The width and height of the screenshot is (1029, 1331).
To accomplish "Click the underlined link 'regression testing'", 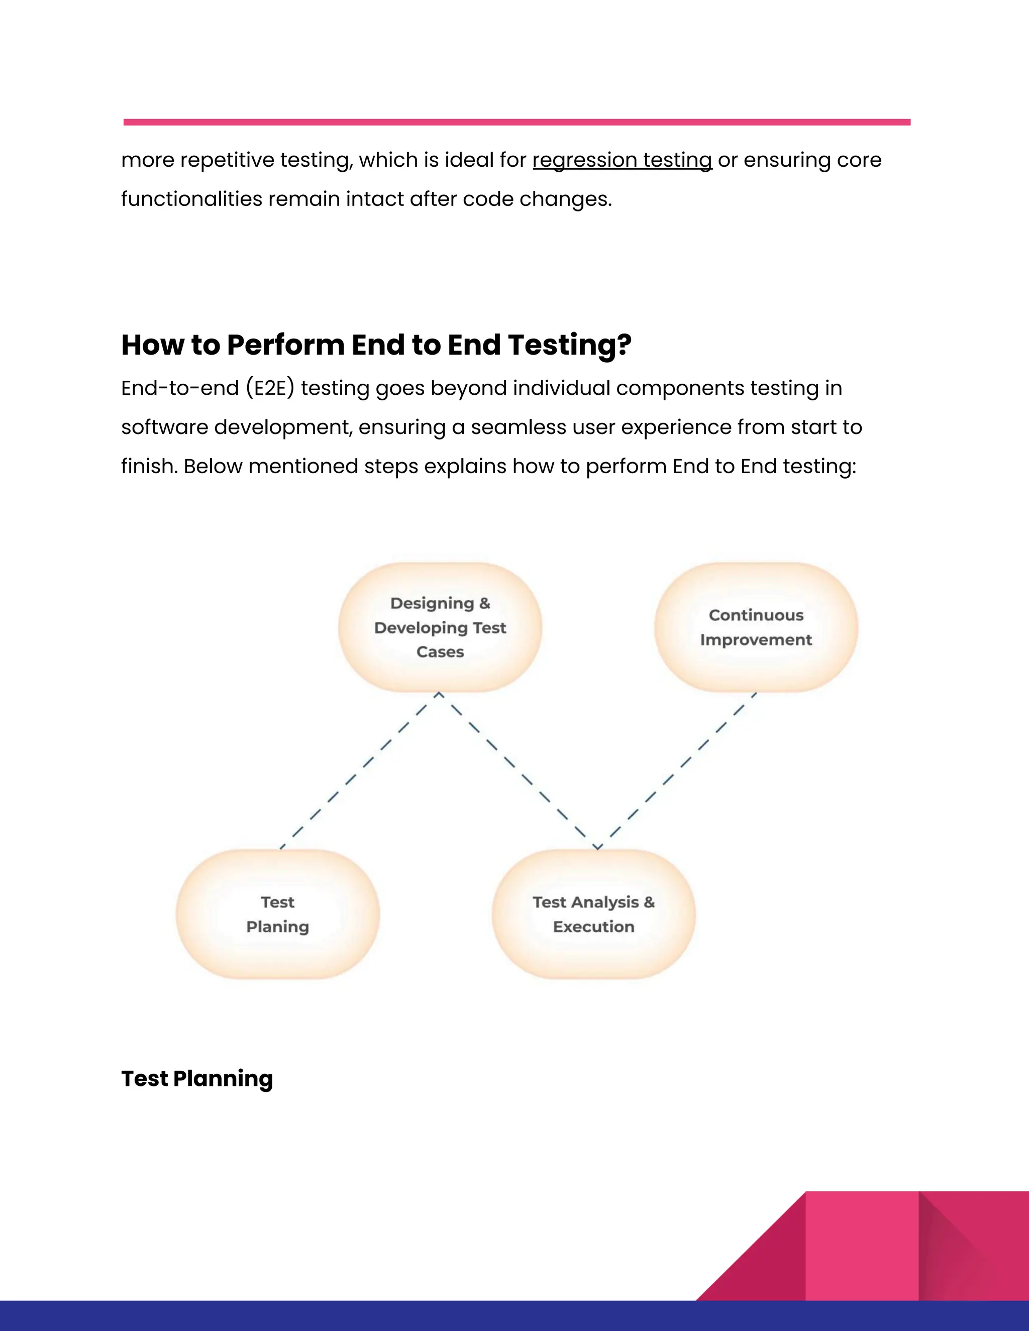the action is point(622,160).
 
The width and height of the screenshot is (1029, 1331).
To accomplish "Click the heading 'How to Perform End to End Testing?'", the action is point(376,345).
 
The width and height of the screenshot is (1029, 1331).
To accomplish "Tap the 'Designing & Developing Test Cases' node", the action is point(440,627).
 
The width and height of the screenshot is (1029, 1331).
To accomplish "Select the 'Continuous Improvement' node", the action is point(756,627).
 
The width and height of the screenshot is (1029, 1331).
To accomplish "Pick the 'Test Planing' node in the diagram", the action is point(278,914).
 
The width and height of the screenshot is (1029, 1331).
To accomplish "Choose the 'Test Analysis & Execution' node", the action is point(594,914).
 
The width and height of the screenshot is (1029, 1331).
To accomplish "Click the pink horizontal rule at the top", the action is point(517,123).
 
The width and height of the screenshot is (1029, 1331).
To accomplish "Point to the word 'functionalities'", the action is point(191,199).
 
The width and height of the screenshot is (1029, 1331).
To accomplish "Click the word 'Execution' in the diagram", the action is point(594,927).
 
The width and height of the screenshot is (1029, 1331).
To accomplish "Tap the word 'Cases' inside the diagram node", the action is point(440,652).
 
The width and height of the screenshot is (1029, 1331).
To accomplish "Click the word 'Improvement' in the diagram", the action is point(756,640).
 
